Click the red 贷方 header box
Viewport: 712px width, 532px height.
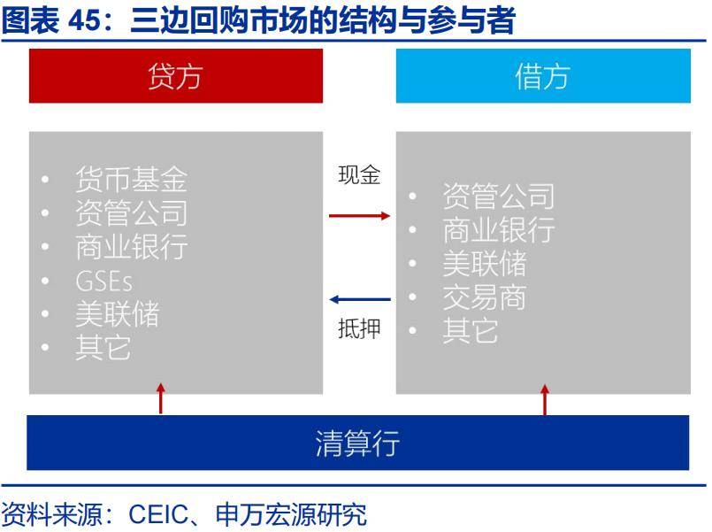point(176,76)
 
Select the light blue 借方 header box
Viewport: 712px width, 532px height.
point(543,76)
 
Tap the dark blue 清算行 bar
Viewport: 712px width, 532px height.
point(358,443)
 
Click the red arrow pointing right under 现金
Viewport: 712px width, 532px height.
point(359,215)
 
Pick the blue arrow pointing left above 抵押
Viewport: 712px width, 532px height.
point(360,299)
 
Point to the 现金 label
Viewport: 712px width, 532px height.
point(359,175)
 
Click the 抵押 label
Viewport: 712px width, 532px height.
point(359,328)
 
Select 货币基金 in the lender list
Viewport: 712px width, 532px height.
point(131,180)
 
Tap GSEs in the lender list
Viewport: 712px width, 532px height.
point(104,281)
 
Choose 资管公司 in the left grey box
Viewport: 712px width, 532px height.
point(131,213)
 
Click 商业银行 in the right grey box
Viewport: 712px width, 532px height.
point(499,230)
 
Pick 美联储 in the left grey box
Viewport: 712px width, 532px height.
point(117,314)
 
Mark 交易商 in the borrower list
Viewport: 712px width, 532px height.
point(485,297)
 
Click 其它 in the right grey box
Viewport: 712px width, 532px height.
point(471,331)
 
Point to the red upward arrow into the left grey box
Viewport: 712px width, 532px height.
point(161,398)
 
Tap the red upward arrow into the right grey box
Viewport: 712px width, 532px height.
point(545,399)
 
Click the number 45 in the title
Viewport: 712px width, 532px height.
point(84,20)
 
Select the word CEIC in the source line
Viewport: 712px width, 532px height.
point(158,514)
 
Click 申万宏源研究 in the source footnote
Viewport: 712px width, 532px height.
point(291,514)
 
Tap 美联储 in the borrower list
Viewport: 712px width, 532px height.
point(485,264)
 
